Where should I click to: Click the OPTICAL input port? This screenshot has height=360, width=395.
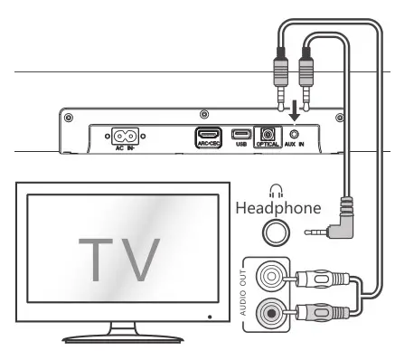coord(268,135)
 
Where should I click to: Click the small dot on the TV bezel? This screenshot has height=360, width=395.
coord(208,317)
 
